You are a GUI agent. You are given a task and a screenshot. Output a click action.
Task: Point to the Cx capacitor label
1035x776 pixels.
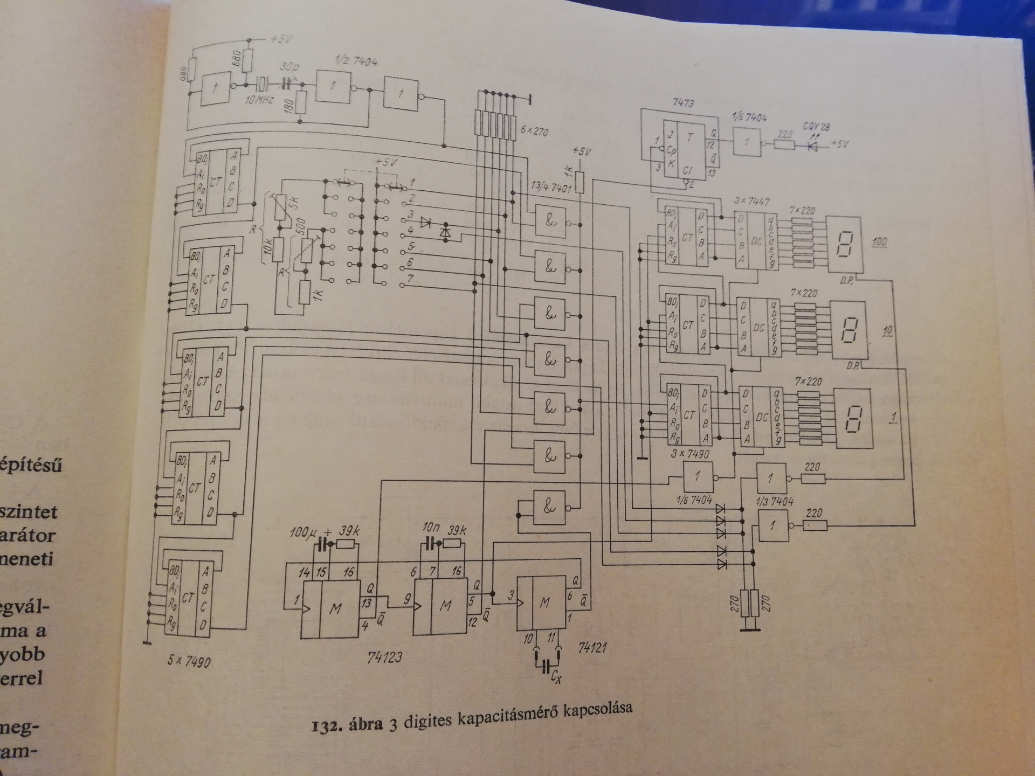(556, 678)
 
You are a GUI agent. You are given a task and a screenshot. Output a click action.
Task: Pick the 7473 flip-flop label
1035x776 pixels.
(683, 102)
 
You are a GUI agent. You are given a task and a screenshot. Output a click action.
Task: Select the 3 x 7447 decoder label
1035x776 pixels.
(752, 202)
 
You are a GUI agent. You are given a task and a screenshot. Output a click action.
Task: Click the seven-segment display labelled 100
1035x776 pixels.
(845, 245)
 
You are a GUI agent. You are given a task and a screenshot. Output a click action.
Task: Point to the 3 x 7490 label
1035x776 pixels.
(691, 454)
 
